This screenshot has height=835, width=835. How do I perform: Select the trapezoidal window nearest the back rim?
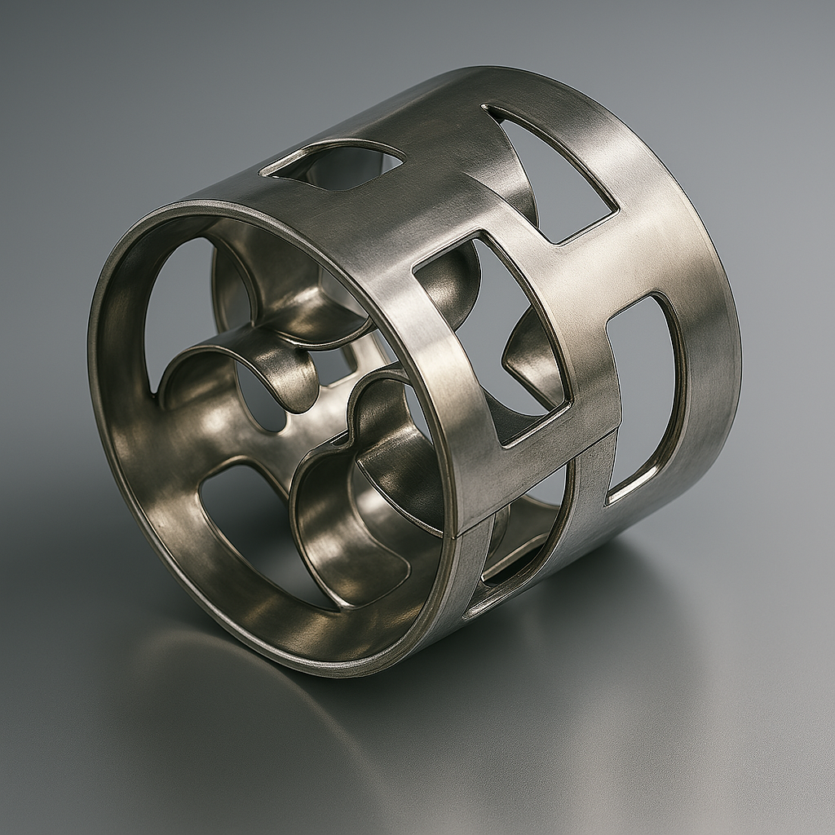coord(554,175)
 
